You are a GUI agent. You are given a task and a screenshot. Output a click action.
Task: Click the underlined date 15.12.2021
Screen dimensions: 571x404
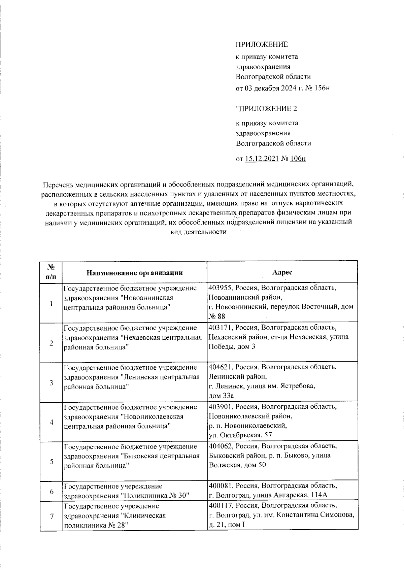tap(262, 159)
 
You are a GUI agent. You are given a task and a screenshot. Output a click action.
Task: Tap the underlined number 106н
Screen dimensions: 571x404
tap(297, 159)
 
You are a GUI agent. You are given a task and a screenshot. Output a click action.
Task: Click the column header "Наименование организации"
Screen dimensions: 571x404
tap(135, 273)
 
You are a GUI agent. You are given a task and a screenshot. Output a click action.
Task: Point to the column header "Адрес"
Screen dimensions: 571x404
tap(282, 272)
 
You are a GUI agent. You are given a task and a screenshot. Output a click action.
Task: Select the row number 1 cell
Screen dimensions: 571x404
tap(51, 303)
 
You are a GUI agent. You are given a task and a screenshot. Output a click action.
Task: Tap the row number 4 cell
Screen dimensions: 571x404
tap(51, 422)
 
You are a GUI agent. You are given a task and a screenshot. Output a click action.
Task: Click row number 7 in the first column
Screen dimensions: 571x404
tap(52, 516)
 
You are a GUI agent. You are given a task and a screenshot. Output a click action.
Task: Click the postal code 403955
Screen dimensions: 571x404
tap(220, 288)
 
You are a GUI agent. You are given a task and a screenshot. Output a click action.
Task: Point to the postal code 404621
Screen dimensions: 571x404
tap(221, 367)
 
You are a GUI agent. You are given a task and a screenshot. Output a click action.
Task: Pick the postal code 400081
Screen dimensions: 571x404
tap(221, 486)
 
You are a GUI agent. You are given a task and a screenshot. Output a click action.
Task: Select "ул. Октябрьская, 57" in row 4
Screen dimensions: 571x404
tap(240, 435)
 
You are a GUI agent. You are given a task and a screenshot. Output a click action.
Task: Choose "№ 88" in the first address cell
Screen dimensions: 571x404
tap(217, 316)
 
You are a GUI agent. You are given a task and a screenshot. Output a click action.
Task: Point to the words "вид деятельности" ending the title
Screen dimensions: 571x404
tap(199, 232)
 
